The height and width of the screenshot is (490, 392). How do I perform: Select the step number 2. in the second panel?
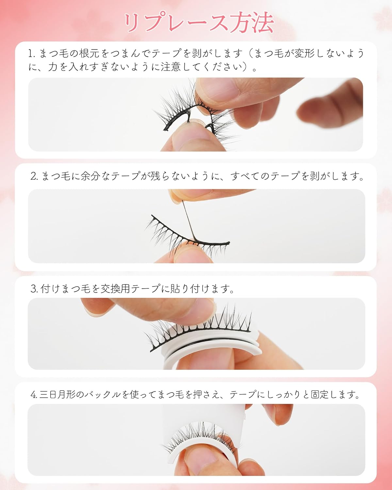click(x=34, y=177)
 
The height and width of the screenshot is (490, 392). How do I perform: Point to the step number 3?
click(x=34, y=289)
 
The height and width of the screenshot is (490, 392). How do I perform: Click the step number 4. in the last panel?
click(x=34, y=395)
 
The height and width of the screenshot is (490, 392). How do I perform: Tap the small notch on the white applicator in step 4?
click(x=244, y=416)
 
